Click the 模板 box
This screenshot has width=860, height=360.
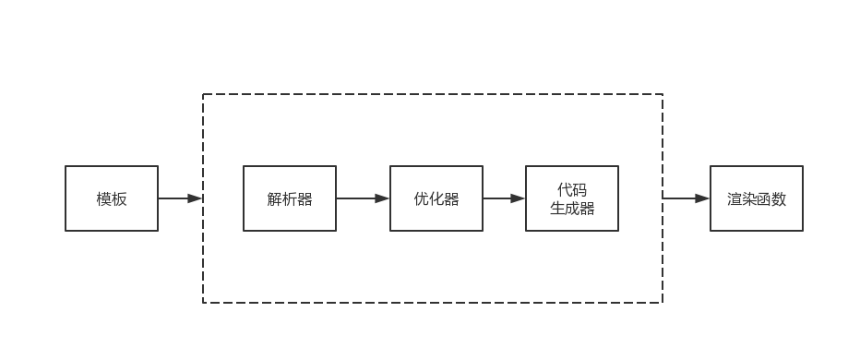pyautogui.click(x=112, y=198)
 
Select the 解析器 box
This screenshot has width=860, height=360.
pyautogui.click(x=290, y=198)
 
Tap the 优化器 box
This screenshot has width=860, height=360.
pyautogui.click(x=436, y=198)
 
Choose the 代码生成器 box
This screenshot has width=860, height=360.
pyautogui.click(x=572, y=198)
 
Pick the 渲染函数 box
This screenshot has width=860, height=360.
pyautogui.click(x=757, y=198)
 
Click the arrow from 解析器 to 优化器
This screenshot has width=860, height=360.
pyautogui.click(x=360, y=198)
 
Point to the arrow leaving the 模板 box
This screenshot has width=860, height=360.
pyautogui.click(x=177, y=198)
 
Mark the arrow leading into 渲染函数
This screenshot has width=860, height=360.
pyautogui.click(x=683, y=198)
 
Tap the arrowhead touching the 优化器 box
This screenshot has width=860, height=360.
pyautogui.click(x=383, y=198)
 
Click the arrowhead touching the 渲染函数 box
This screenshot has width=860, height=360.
pyautogui.click(x=703, y=198)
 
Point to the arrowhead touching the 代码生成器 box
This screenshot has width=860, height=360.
pyautogui.click(x=519, y=198)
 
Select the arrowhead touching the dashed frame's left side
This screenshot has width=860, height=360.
pyautogui.click(x=195, y=198)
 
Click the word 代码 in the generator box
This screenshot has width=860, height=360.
pyautogui.click(x=572, y=189)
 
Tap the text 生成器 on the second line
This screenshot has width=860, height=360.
pyautogui.click(x=572, y=209)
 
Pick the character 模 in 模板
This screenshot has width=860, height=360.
pyautogui.click(x=104, y=199)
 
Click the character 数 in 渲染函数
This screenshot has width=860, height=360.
pyautogui.click(x=779, y=199)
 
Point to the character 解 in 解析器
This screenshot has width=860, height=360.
pyautogui.click(x=275, y=199)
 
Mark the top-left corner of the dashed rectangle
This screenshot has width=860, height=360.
pyautogui.click(x=203, y=94)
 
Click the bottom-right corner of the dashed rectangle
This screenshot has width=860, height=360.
pyautogui.click(x=663, y=302)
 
